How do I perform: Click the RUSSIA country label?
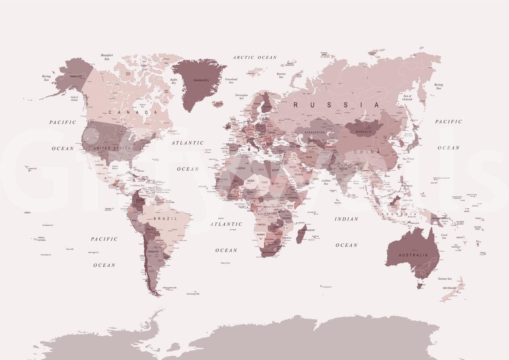tap(336, 105)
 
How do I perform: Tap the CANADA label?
tap(133, 113)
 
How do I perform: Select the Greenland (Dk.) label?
tap(201, 80)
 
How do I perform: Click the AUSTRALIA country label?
tap(413, 255)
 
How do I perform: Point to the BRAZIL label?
tap(165, 219)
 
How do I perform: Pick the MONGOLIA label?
tap(364, 132)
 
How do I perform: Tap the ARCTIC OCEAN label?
tap(255, 57)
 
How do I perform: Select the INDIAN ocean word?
tap(346, 219)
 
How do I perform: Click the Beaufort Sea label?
tap(107, 57)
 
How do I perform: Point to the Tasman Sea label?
tap(445, 279)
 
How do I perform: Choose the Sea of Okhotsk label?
tap(407, 97)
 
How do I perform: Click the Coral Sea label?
tap(444, 236)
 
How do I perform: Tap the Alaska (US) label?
tap(76, 76)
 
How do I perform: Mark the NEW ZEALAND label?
tap(449, 288)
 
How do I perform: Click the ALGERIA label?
tap(240, 168)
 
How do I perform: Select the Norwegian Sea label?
tap(241, 96)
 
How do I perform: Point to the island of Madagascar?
tap(300, 235)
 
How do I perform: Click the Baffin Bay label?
tap(174, 81)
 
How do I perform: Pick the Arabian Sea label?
tap(326, 182)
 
